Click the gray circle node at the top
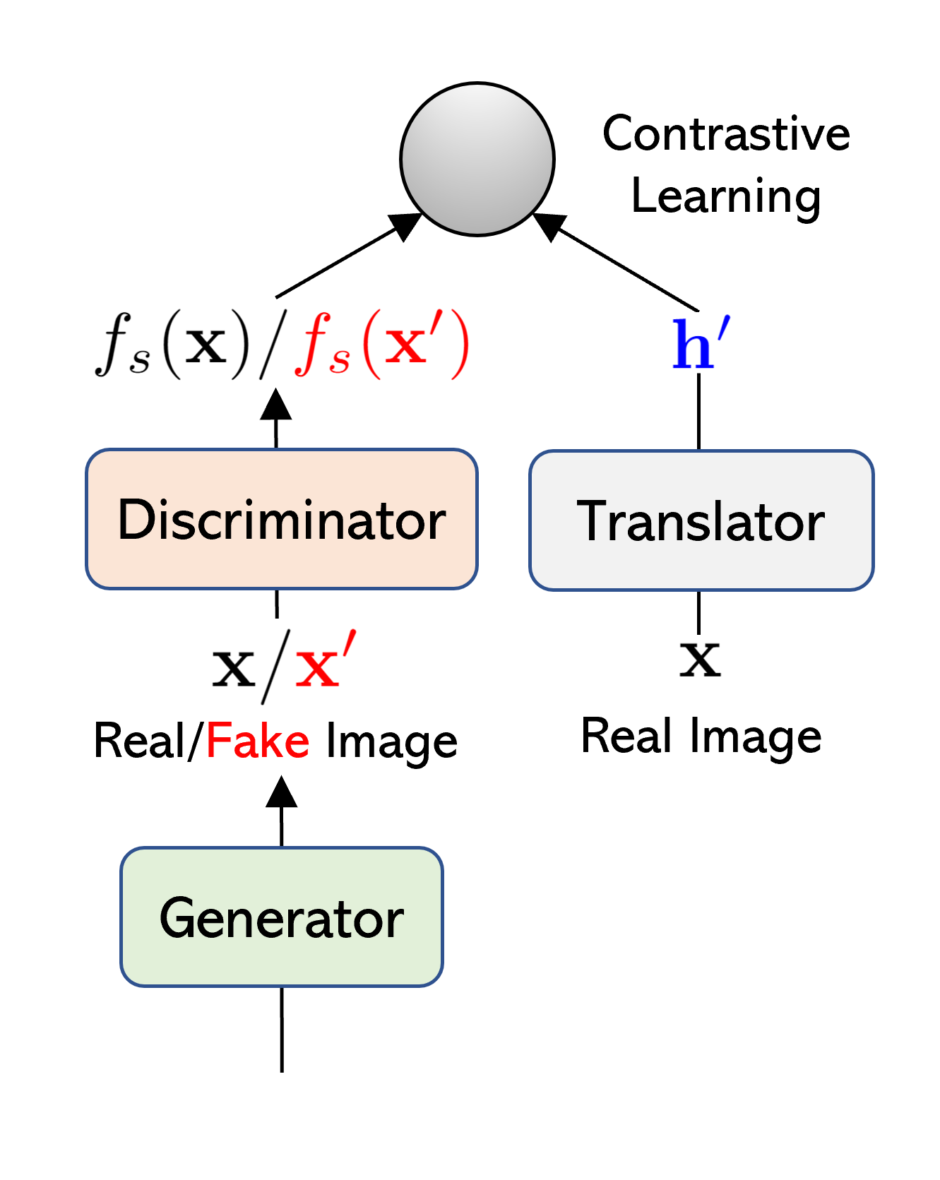pyautogui.click(x=477, y=160)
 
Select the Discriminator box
pyautogui.click(x=281, y=519)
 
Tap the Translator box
pyautogui.click(x=701, y=520)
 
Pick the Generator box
pyautogui.click(x=281, y=917)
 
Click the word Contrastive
pyautogui.click(x=726, y=133)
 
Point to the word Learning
pyautogui.click(x=726, y=196)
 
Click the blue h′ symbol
pyautogui.click(x=700, y=344)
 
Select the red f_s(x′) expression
pyautogui.click(x=382, y=345)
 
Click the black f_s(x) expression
pyautogui.click(x=173, y=345)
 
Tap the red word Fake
pyautogui.click(x=258, y=741)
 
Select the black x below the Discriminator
pyautogui.click(x=234, y=667)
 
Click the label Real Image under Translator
pyautogui.click(x=701, y=737)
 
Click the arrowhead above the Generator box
pyautogui.click(x=281, y=792)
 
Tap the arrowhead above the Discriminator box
pyautogui.click(x=276, y=406)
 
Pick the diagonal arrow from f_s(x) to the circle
pyautogui.click(x=339, y=261)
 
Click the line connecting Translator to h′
pyautogui.click(x=699, y=412)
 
